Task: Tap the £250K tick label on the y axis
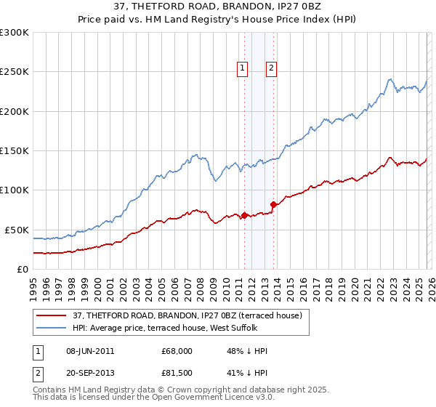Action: [15, 72]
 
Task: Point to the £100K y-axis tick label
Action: [15, 190]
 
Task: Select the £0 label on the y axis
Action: [22, 269]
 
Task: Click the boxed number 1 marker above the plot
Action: [242, 68]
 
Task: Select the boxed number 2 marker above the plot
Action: [271, 68]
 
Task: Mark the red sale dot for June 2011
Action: [244, 215]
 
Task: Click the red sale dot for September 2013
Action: [273, 204]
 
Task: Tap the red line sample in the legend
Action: [52, 315]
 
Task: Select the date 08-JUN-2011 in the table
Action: [89, 351]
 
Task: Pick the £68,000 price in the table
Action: [177, 351]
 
